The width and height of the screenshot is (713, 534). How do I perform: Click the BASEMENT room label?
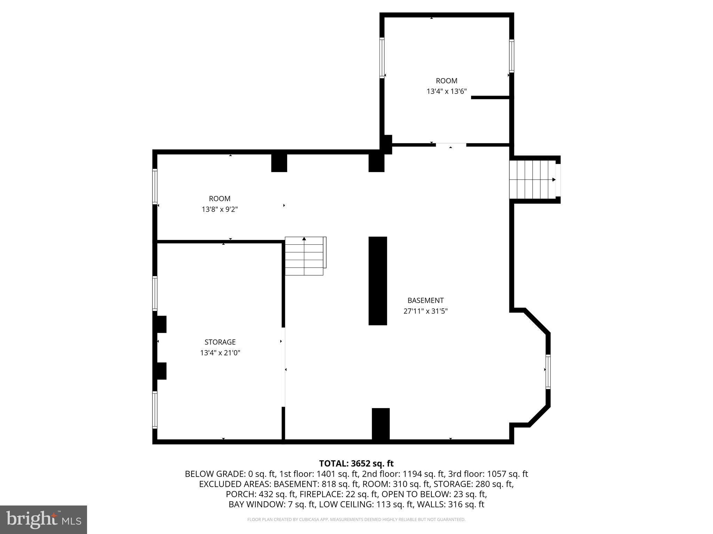click(425, 300)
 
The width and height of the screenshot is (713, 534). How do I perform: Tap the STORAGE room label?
click(220, 342)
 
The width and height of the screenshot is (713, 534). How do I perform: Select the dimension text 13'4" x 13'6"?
click(447, 91)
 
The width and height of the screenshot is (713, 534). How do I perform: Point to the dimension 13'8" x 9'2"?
click(220, 209)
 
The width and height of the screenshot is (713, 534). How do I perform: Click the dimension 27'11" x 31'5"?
click(425, 311)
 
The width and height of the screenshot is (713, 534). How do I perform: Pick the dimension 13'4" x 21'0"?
click(220, 353)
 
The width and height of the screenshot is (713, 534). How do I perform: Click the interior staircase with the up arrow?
click(305, 256)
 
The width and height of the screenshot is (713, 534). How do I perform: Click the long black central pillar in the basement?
click(378, 281)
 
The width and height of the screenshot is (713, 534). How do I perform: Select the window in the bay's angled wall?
click(548, 372)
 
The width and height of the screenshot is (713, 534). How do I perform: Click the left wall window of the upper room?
click(382, 57)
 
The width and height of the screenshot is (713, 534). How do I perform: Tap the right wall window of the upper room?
click(511, 56)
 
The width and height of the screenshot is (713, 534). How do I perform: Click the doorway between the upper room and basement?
click(451, 145)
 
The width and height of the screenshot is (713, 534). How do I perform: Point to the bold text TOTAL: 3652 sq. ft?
click(356, 463)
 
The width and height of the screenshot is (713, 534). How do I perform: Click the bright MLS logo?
click(43, 519)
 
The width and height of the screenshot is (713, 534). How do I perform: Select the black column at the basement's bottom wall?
click(381, 424)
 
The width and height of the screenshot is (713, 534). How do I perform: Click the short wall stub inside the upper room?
click(490, 98)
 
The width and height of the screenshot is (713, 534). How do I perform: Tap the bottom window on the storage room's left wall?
click(155, 410)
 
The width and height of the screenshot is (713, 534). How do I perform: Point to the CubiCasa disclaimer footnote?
click(356, 520)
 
